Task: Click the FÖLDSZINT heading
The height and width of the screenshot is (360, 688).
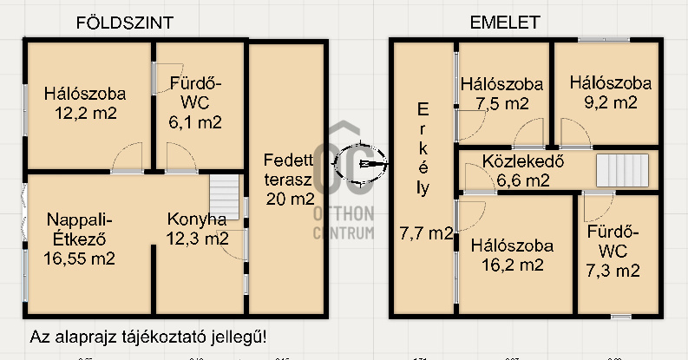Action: coord(125,23)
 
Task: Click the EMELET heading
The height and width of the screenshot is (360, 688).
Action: coord(505,23)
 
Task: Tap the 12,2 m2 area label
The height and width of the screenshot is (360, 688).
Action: coord(86,113)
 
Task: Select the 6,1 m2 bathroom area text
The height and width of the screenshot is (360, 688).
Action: coord(195,122)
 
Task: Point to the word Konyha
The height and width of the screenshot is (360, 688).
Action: coord(197,219)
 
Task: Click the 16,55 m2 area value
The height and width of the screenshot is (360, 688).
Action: coord(80,259)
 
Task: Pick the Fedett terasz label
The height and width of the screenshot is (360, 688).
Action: coord(288,170)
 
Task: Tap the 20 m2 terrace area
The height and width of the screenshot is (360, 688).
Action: coord(290,199)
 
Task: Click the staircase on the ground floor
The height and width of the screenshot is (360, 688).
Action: coord(224,197)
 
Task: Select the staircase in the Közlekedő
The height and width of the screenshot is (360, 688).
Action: coord(622,170)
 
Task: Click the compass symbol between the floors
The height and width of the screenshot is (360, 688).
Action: coord(361,163)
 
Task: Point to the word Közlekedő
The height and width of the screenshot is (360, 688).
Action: coord(523,161)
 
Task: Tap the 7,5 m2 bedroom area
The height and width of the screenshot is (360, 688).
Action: coord(502,103)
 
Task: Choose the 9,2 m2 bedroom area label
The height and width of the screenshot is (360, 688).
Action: coord(610,102)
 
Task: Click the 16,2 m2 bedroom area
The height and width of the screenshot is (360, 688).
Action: coord(513,265)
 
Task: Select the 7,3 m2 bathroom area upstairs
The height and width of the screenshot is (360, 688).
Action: coord(613,271)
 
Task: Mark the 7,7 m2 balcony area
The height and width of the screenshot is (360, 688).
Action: coord(426,232)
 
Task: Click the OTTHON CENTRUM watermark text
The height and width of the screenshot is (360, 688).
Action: coord(344,223)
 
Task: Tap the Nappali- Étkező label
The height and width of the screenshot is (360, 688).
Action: coord(80,229)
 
